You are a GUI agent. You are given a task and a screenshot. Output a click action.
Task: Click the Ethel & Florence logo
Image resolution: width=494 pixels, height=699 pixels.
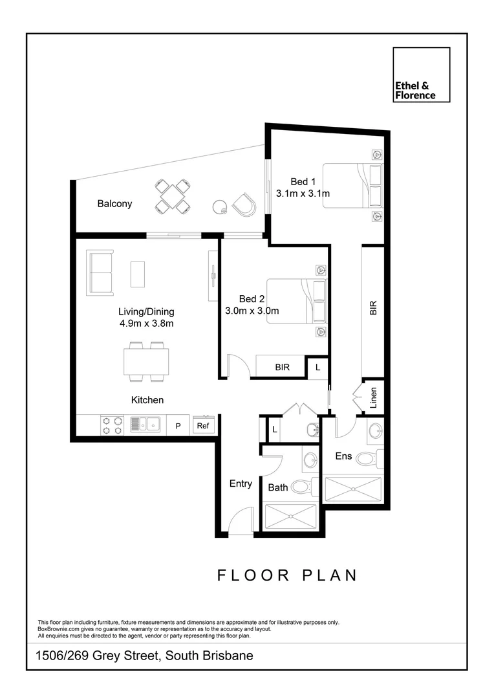pos(422,75)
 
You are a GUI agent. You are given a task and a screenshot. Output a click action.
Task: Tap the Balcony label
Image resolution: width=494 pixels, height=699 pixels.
pos(114,204)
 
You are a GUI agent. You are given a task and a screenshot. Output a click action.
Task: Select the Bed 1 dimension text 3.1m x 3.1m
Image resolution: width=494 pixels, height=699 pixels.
pos(303,194)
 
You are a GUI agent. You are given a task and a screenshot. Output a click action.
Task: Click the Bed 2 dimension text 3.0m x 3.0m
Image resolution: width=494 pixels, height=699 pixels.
pos(252,311)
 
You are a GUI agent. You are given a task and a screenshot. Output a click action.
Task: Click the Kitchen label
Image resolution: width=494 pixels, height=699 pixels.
pos(147,400)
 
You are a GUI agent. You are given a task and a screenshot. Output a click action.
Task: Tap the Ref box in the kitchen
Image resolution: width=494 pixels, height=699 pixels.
pos(203,426)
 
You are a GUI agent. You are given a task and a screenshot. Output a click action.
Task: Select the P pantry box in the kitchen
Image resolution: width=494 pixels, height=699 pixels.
pos(177,426)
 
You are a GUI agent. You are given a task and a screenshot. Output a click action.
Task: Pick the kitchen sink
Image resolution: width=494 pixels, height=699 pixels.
pos(145,425)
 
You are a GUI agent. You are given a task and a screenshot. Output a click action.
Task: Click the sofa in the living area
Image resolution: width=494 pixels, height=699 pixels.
pos(100,272)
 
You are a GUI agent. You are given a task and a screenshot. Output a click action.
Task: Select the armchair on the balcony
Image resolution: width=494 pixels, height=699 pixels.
pos(244,205)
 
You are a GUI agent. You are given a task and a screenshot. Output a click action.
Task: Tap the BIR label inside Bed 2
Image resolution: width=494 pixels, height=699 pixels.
pos(282,367)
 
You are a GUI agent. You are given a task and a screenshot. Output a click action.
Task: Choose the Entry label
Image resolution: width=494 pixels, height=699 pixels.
pos(240,483)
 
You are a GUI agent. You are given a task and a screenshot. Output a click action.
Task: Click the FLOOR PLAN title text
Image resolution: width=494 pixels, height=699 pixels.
pos(286,575)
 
